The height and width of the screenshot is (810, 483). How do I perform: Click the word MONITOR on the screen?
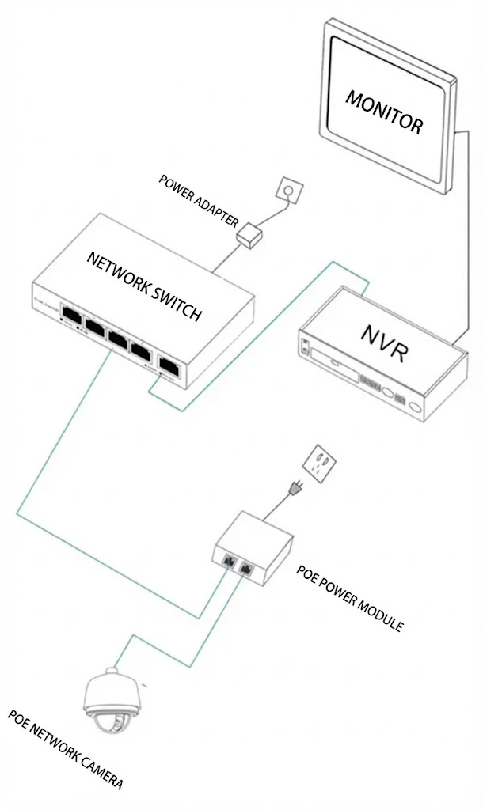pyautogui.click(x=384, y=111)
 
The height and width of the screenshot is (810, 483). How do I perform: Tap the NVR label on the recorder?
pyautogui.click(x=385, y=343)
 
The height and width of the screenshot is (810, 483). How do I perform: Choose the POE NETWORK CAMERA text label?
pyautogui.click(x=65, y=749)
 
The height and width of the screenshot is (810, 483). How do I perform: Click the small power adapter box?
pyautogui.click(x=250, y=236)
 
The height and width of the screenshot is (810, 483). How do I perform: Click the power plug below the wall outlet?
pyautogui.click(x=295, y=493)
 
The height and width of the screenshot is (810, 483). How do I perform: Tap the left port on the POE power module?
pyautogui.click(x=227, y=561)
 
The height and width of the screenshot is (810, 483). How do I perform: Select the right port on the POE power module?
pyautogui.click(x=246, y=568)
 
